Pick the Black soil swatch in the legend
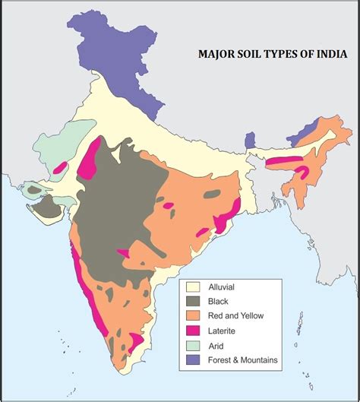(192, 301)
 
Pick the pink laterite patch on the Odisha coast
(223, 222)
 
